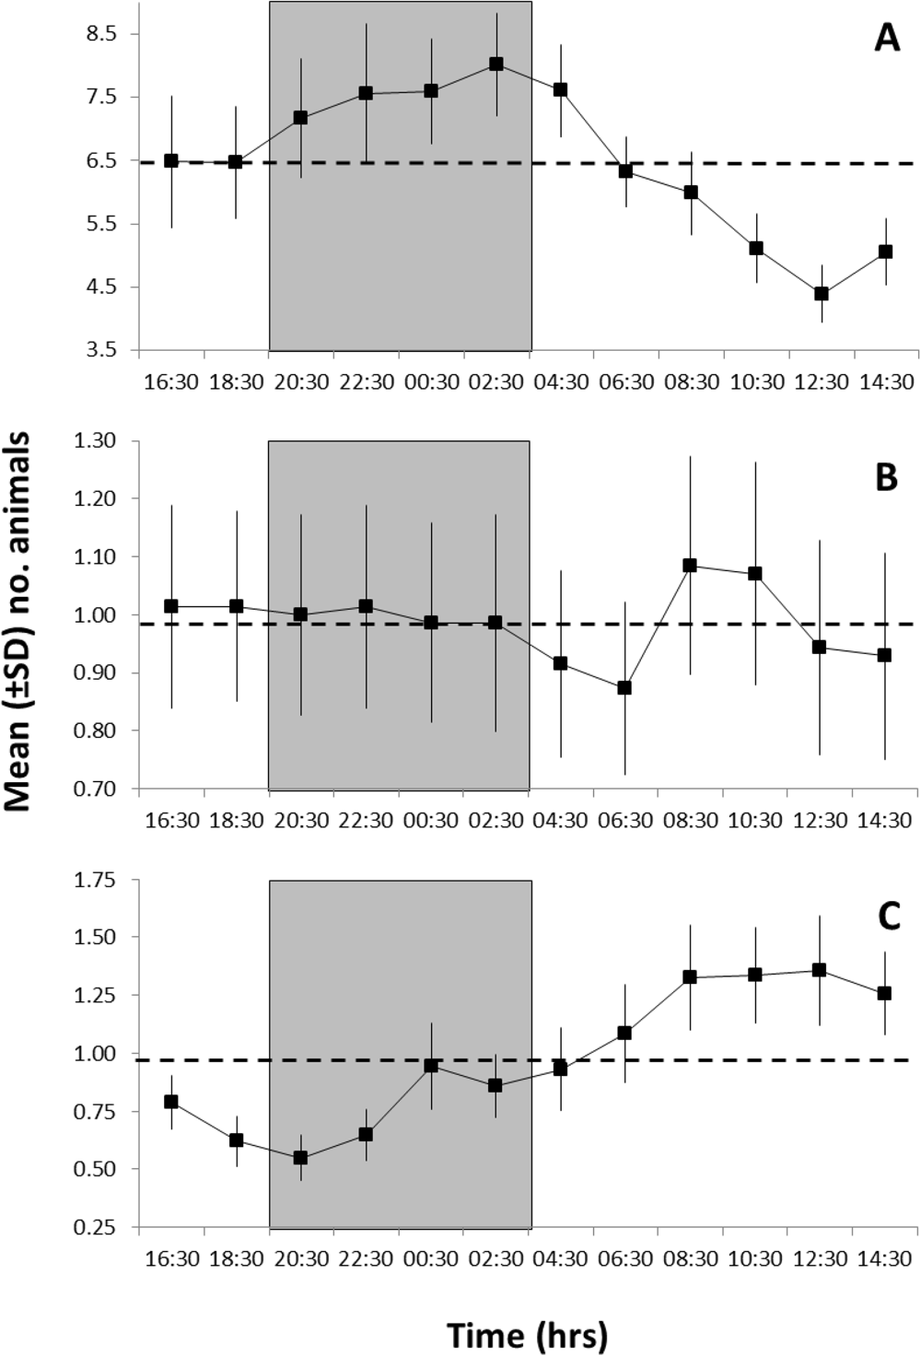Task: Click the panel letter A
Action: (886, 39)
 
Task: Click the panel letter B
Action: (885, 478)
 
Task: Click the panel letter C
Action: (888, 917)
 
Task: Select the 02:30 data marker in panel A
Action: (496, 64)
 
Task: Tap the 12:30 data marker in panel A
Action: (821, 294)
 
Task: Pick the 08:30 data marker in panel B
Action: (690, 565)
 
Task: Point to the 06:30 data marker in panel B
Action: (624, 687)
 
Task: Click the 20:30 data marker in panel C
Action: (300, 1158)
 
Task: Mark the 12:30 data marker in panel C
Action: (820, 970)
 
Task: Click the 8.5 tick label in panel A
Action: (101, 34)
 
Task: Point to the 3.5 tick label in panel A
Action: (101, 351)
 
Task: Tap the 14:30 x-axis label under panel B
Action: (885, 821)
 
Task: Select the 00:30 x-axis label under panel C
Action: (431, 1259)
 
